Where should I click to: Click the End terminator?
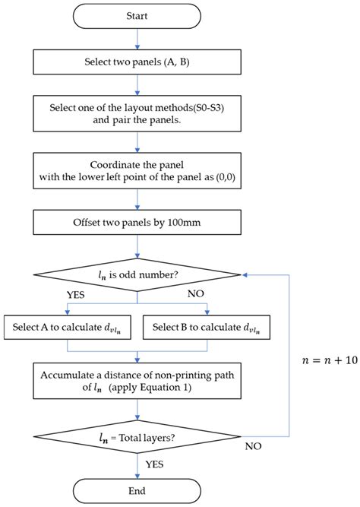137,490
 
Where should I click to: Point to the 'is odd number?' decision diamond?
137,273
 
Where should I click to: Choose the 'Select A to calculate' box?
69,328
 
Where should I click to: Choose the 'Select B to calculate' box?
206,328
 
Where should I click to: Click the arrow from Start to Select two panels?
137,39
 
